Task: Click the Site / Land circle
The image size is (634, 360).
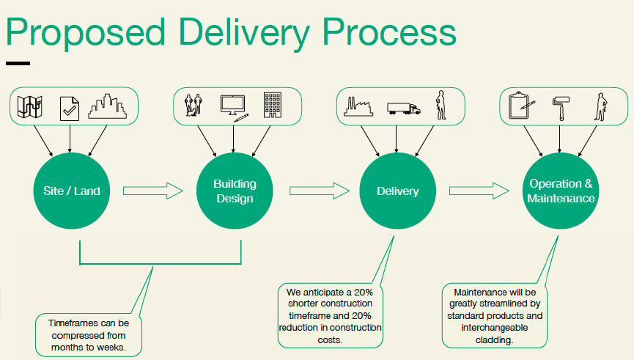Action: [x=72, y=191]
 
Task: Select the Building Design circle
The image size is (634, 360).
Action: [x=235, y=191]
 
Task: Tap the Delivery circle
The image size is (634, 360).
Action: [x=397, y=191]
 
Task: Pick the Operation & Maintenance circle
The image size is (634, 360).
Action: [x=561, y=191]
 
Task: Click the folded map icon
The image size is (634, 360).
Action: [x=30, y=107]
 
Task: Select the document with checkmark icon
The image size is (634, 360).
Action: [x=70, y=109]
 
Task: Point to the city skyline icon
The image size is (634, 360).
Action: [x=108, y=106]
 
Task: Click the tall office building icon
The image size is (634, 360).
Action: [x=273, y=105]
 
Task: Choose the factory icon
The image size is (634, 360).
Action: [x=358, y=107]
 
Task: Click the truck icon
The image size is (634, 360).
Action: [x=404, y=109]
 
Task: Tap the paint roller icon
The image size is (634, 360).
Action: [x=561, y=108]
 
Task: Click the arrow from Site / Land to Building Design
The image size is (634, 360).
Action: [x=153, y=191]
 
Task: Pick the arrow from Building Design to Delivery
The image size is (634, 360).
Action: [x=320, y=191]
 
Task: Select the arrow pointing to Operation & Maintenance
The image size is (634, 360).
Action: [x=479, y=191]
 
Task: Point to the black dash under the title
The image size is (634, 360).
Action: [x=18, y=63]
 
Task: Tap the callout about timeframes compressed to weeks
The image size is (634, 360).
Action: [x=89, y=335]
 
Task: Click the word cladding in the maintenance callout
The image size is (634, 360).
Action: [x=494, y=339]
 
